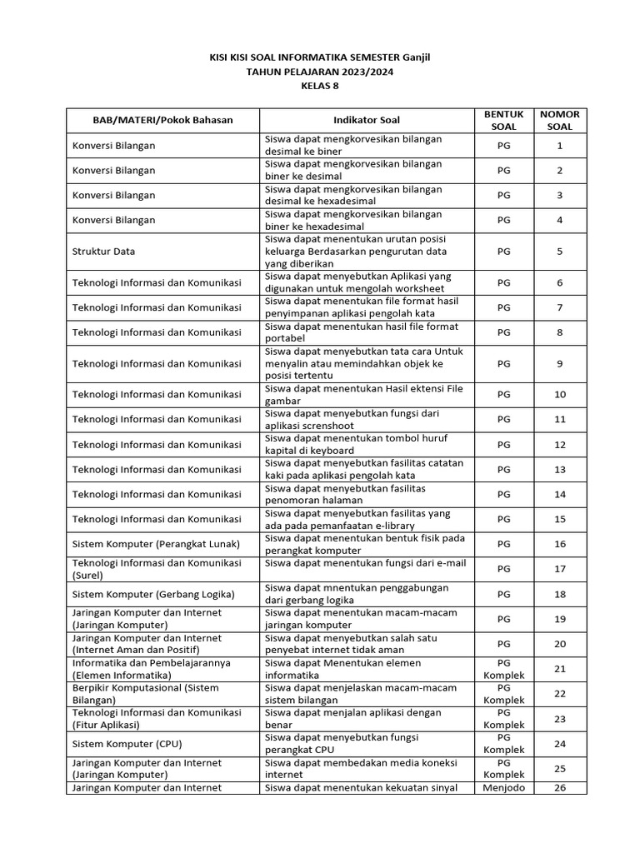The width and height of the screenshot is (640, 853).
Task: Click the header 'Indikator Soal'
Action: [367, 120]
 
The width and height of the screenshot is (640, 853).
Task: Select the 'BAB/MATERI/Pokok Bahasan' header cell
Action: [162, 120]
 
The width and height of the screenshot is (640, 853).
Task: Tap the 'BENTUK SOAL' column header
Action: [503, 120]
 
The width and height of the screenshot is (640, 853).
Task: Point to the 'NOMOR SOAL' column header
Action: [560, 120]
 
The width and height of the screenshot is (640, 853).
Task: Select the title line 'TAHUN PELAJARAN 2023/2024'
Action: [320, 72]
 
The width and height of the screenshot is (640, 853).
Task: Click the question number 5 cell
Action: [560, 251]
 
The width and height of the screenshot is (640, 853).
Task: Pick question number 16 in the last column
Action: [560, 544]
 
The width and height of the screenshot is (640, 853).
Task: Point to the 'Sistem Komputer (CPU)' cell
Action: [127, 744]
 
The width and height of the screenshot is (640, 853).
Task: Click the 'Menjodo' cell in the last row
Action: [503, 788]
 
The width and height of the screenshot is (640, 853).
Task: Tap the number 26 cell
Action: [560, 788]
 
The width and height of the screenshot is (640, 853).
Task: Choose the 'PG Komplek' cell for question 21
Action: [503, 669]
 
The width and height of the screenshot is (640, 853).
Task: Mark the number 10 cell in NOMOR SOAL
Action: [560, 394]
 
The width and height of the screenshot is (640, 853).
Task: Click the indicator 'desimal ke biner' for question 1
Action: [353, 146]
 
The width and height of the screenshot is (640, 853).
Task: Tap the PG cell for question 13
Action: [503, 470]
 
